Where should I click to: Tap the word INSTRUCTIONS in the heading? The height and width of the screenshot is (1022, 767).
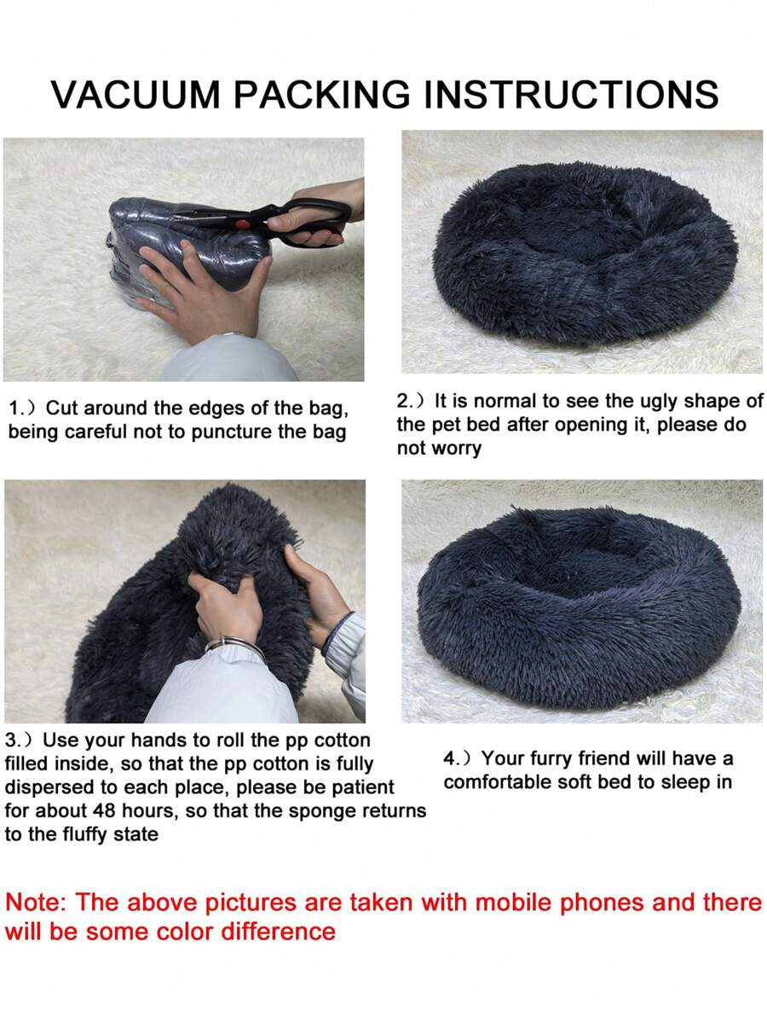point(572,95)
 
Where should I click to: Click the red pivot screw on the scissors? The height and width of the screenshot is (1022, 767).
point(243,224)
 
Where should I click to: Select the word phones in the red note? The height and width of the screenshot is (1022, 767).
point(603,904)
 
